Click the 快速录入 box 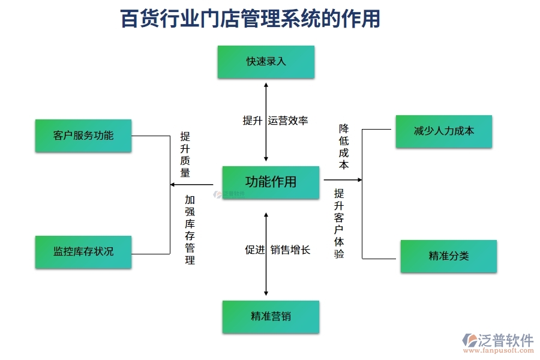point(266,62)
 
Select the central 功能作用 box point(271,182)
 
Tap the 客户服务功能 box point(83,136)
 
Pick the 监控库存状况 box point(83,251)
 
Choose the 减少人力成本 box point(443,131)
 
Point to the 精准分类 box point(448,256)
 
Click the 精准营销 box point(271,316)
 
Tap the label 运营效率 point(288,121)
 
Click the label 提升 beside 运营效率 point(252,121)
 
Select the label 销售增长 point(290,250)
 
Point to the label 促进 point(254,250)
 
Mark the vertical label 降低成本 point(344,146)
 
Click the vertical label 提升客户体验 point(339,223)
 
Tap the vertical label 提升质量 point(185,155)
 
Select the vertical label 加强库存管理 point(190,230)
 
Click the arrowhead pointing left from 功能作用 point(174,185)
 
